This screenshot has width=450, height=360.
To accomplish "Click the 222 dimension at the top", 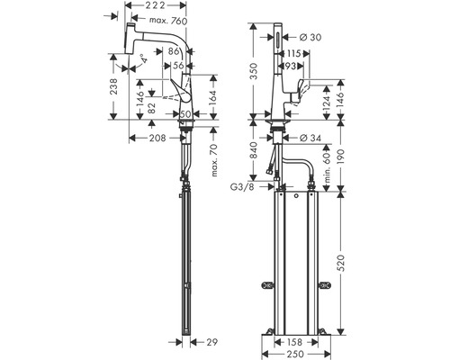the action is click(155, 5).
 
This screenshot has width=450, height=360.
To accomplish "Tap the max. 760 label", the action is click(168, 21).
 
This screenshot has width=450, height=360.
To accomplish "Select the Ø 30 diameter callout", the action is click(310, 37).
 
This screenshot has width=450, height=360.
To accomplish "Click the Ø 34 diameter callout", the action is click(310, 138).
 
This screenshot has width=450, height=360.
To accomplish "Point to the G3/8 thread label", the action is click(242, 187).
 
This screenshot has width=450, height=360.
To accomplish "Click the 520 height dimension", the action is click(340, 263).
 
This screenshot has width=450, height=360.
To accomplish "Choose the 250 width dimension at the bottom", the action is click(295, 355).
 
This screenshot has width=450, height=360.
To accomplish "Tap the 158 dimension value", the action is click(294, 342).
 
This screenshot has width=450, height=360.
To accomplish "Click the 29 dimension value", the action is click(212, 342).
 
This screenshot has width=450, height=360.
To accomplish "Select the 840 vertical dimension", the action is click(254, 150).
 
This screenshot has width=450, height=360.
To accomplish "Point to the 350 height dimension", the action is click(254, 71).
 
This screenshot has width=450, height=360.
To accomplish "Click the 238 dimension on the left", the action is click(113, 86).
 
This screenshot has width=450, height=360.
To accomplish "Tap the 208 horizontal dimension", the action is click(157, 138).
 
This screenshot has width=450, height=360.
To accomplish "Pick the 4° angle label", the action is click(145, 58).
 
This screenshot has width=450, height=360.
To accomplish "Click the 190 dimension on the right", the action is click(340, 156).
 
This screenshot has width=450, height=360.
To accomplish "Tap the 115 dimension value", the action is click(293, 53).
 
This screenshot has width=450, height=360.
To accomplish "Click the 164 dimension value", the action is click(211, 97).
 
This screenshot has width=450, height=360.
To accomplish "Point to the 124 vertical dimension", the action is click(327, 102).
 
